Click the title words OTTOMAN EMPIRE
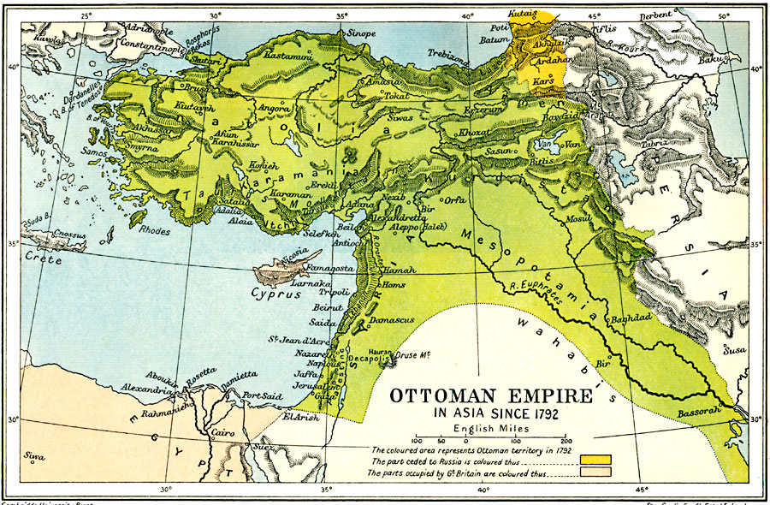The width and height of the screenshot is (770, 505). [491, 398]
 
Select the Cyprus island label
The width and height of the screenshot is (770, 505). [277, 293]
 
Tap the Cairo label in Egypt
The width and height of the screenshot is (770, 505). [225, 433]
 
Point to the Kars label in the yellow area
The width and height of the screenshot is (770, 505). [543, 81]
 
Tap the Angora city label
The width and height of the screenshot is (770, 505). [275, 110]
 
